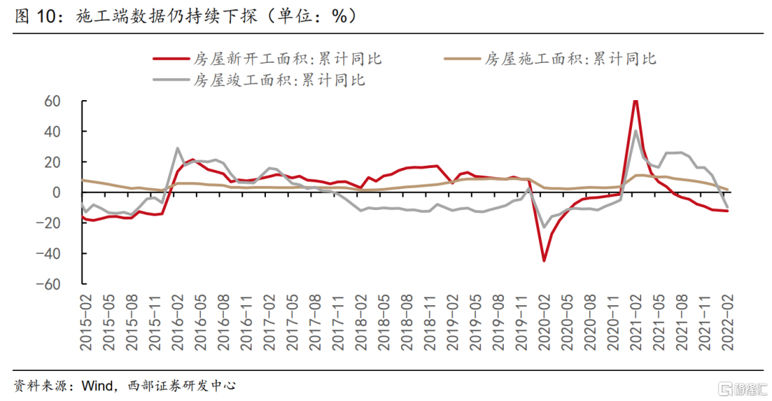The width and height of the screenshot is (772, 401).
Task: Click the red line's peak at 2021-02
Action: pos(635,101)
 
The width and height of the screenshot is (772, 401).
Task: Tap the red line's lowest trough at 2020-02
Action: pos(544,261)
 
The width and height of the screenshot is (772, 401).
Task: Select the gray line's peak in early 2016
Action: pos(177,149)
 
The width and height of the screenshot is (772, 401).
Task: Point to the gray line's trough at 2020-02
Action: pos(544,227)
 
